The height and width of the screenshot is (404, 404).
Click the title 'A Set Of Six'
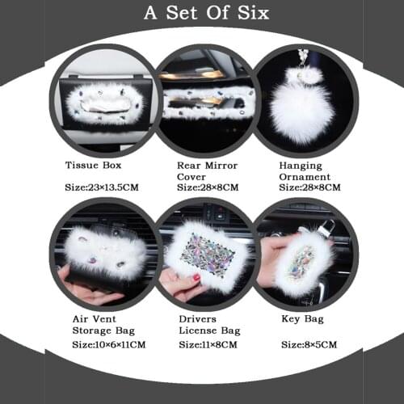click(206, 14)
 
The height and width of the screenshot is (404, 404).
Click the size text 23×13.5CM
click(102, 187)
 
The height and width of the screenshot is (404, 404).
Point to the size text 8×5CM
click(309, 344)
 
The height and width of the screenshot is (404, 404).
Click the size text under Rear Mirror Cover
click(208, 187)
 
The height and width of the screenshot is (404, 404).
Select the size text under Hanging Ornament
click(309, 187)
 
